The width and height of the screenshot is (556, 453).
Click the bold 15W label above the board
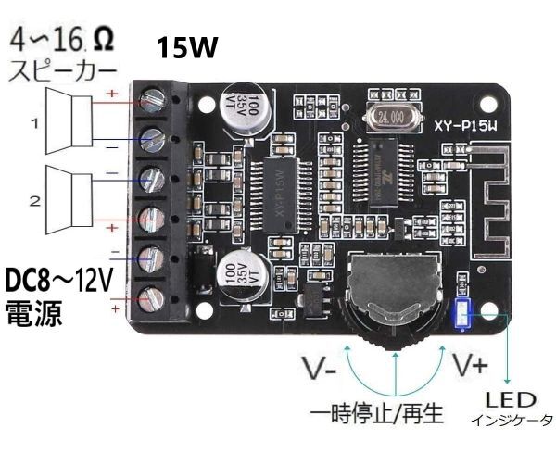[x=187, y=47]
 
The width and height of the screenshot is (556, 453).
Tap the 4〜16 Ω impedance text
[x=63, y=41]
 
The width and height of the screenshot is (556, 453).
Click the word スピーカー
[x=63, y=70]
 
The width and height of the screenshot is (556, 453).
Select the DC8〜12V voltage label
[x=58, y=279]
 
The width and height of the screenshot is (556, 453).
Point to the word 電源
[x=33, y=312]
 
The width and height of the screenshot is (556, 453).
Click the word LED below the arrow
[x=510, y=400]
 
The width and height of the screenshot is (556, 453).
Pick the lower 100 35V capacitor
[x=246, y=273]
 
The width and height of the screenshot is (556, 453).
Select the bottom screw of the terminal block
[x=153, y=299]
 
